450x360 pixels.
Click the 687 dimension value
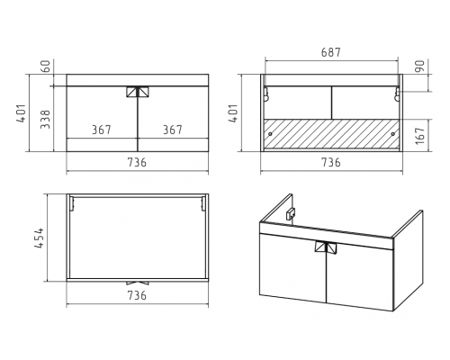click(x=331, y=52)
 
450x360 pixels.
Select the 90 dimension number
click(x=421, y=66)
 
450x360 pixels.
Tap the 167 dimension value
click(x=420, y=135)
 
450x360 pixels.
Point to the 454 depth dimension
click(x=40, y=238)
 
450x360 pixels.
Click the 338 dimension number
click(x=45, y=119)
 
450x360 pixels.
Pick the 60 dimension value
click(x=45, y=67)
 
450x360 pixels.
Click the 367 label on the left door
click(x=102, y=130)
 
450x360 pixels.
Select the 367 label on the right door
click(x=173, y=130)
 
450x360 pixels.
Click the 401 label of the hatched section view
click(x=233, y=113)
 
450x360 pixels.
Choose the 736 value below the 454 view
click(x=137, y=295)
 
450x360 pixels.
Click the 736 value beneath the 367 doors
click(x=137, y=162)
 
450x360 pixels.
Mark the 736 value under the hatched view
click(x=331, y=162)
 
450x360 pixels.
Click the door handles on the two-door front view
click(x=138, y=92)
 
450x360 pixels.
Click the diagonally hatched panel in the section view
click(x=331, y=134)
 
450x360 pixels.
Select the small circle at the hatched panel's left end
click(x=270, y=134)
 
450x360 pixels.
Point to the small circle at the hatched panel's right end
click(x=393, y=134)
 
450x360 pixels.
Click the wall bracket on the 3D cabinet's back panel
click(x=291, y=214)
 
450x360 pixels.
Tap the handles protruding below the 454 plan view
click(x=138, y=283)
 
